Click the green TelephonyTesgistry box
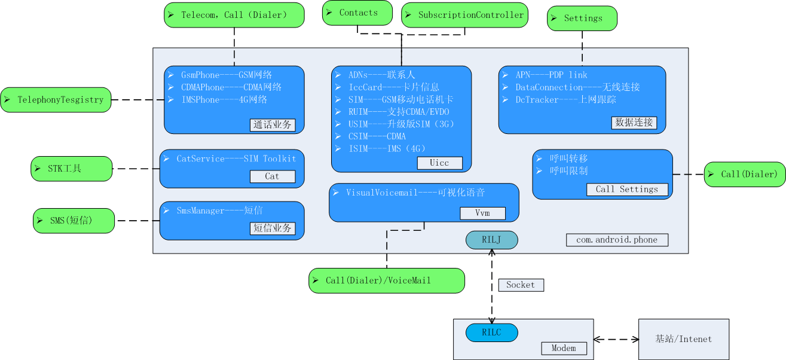click(x=56, y=100)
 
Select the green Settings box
click(x=582, y=18)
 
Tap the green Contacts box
click(x=357, y=13)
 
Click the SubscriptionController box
click(x=465, y=15)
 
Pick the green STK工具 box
click(x=72, y=169)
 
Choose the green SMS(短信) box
click(x=73, y=221)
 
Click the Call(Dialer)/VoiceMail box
click(x=387, y=280)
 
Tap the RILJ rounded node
click(x=492, y=240)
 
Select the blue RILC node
click(x=492, y=332)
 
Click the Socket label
click(x=521, y=285)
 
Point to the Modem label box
click(x=564, y=348)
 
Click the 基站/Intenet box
click(x=684, y=339)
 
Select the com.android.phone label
click(x=617, y=240)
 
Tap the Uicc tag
click(x=439, y=163)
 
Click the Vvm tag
click(x=482, y=213)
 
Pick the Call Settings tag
click(x=626, y=189)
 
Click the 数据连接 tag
click(x=634, y=123)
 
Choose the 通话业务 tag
click(x=273, y=125)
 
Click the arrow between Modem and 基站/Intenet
click(x=616, y=339)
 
